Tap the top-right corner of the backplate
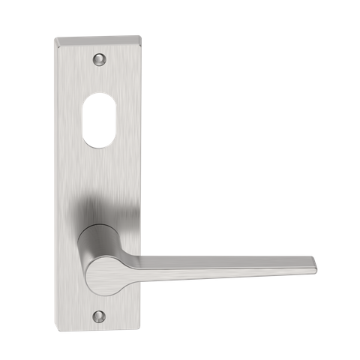click(x=140, y=34)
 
